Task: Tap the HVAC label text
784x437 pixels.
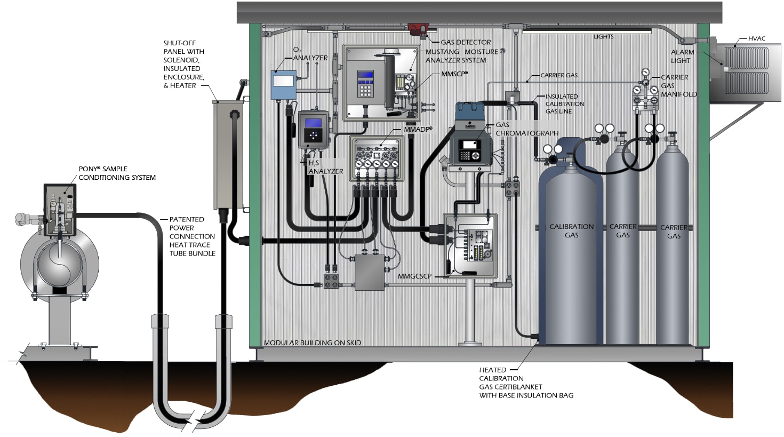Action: [x=756, y=38]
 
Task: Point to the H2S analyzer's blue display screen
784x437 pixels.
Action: [x=313, y=123]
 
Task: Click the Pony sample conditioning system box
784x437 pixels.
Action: [x=60, y=210]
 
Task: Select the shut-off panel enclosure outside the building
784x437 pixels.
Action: [x=228, y=155]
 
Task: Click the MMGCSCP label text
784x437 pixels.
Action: [x=414, y=276]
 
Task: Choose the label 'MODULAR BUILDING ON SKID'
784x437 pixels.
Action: [x=313, y=343]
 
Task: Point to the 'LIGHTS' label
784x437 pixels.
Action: [x=603, y=37]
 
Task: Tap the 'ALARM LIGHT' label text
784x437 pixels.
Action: [x=682, y=56]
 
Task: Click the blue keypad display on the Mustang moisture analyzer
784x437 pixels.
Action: [x=365, y=75]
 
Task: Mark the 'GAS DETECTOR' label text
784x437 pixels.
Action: [x=466, y=42]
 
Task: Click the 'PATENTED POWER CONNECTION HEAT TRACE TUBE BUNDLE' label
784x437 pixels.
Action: [x=192, y=236]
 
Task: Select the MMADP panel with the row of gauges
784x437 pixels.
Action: [x=377, y=160]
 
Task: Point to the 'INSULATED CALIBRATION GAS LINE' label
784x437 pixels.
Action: [x=564, y=104]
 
